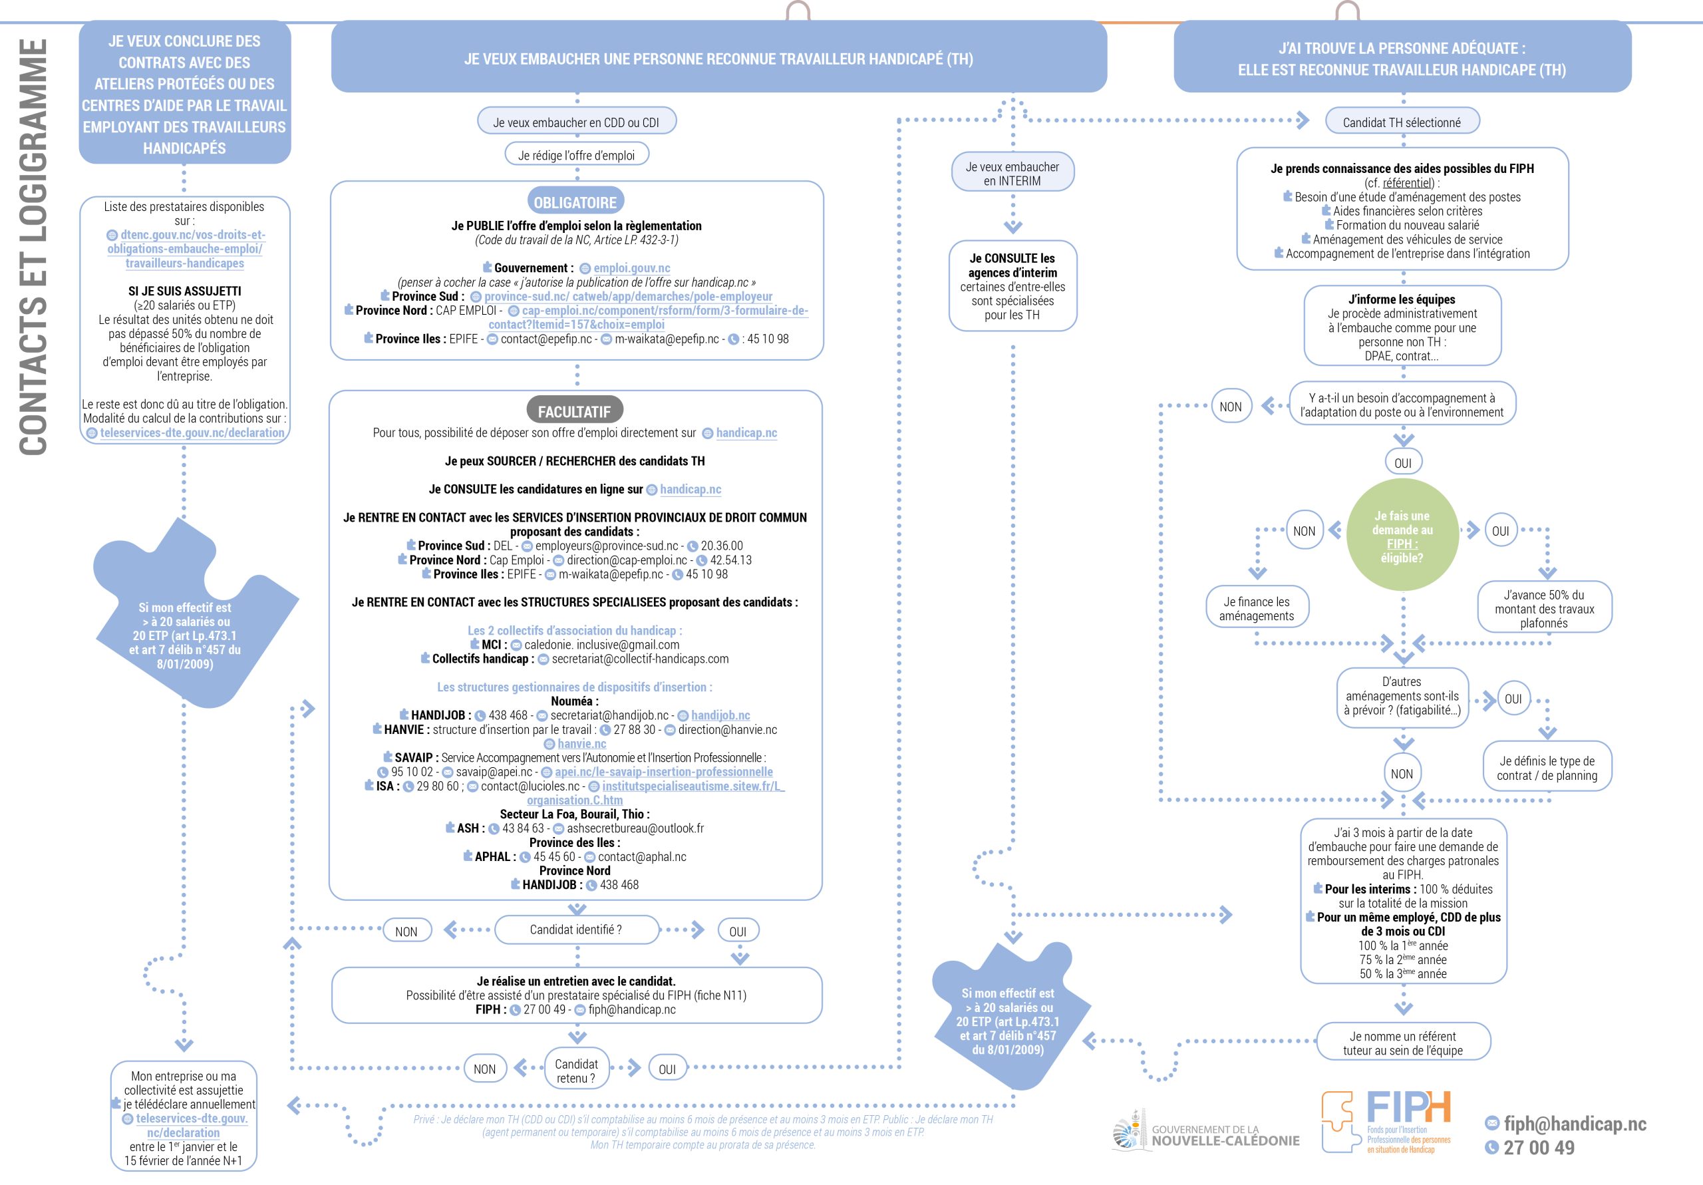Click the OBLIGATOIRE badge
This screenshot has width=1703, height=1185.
(x=575, y=202)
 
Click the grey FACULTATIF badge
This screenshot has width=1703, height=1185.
(x=574, y=411)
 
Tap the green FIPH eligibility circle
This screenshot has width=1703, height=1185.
(x=1402, y=536)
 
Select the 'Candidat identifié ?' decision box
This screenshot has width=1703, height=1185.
(x=575, y=930)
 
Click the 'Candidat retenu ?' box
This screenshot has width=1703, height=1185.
(x=576, y=1070)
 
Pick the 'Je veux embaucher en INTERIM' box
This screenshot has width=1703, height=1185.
(x=1012, y=174)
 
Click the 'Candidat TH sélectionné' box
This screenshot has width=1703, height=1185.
(x=1401, y=122)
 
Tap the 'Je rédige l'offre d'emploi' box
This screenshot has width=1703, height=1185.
(x=576, y=155)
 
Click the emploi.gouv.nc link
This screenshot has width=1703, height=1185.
(x=631, y=268)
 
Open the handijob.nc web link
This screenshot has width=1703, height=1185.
(x=720, y=715)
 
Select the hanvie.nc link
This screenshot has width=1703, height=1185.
(x=581, y=743)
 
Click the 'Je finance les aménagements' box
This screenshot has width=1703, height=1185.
(x=1256, y=608)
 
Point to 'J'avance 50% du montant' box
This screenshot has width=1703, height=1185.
(x=1543, y=608)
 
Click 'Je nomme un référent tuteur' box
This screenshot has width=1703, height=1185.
(x=1402, y=1043)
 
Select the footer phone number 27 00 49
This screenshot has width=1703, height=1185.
(x=1537, y=1148)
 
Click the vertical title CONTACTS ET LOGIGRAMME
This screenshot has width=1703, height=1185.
(x=33, y=246)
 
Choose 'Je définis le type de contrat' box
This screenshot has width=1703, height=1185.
(x=1547, y=768)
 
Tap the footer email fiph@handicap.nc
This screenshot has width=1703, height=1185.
(x=1574, y=1123)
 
